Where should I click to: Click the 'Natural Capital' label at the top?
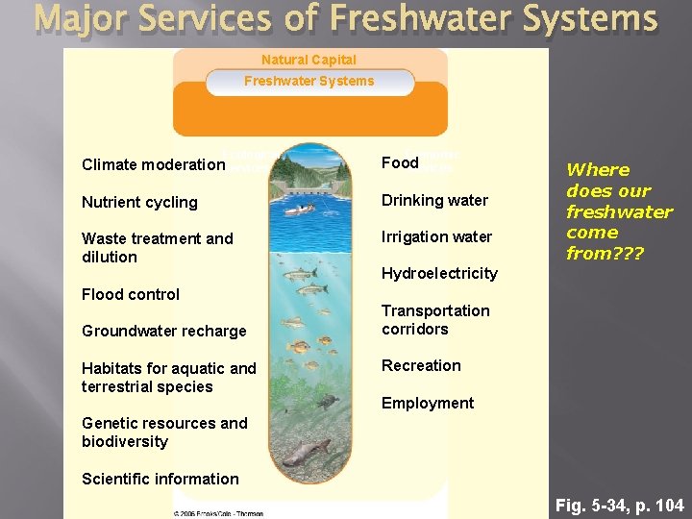[x=309, y=60]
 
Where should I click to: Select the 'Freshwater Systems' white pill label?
[x=309, y=82]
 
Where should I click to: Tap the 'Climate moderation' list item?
[x=153, y=164]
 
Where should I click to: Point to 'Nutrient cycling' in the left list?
[x=139, y=202]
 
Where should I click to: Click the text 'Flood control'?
[x=131, y=294]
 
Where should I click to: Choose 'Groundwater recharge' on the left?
[x=163, y=332]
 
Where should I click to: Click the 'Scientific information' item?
[x=161, y=479]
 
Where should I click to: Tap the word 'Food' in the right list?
[x=400, y=162]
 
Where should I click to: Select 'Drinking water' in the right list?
[x=434, y=200]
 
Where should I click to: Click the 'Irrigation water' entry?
[x=436, y=236]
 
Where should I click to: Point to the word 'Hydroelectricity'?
[x=439, y=274]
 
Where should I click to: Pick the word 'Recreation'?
[x=421, y=365]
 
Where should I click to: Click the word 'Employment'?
[x=428, y=404]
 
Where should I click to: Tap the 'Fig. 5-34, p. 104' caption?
[x=620, y=504]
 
